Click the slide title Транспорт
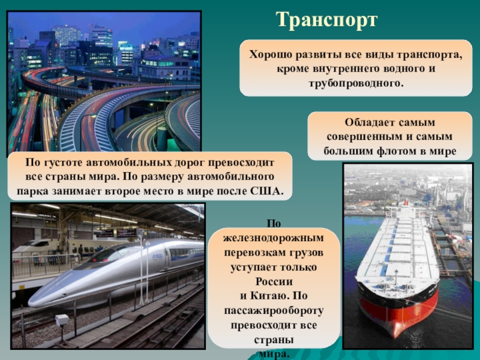pos(327,19)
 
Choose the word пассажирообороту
pos(274,311)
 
